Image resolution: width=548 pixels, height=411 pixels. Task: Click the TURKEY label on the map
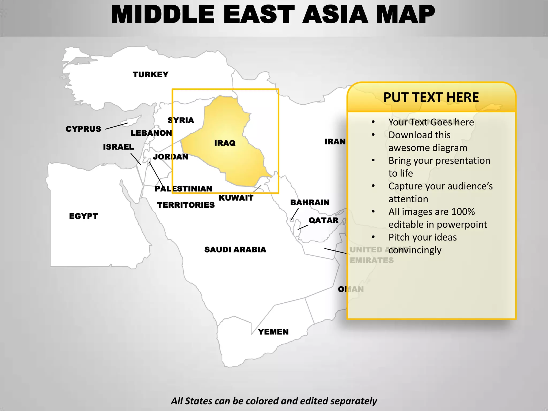[x=150, y=74]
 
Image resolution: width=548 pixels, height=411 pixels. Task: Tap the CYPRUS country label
[x=83, y=129]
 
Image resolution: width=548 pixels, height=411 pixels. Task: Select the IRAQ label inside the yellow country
[x=225, y=143]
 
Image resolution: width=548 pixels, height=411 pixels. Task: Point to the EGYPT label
[x=83, y=216]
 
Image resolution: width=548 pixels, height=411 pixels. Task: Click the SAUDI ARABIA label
[x=235, y=250]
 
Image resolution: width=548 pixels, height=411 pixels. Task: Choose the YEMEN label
[x=273, y=332]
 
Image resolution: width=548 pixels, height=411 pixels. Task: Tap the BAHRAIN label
[x=310, y=202]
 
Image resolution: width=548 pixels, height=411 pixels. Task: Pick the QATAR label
[x=324, y=220]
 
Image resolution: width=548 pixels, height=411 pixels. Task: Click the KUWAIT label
[x=236, y=198]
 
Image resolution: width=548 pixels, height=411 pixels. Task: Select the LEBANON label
[x=151, y=133]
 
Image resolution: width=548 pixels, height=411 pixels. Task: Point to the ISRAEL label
[x=119, y=147]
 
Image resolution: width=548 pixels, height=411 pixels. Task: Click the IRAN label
[x=335, y=142]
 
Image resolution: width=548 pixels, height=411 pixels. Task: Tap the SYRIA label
[x=181, y=120]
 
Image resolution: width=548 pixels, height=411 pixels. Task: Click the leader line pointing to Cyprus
[x=116, y=126]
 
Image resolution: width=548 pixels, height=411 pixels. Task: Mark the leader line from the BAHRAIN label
[x=295, y=214]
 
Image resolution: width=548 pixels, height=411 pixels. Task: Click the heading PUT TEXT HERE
[x=431, y=97]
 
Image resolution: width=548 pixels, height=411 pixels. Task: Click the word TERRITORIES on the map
[x=186, y=205]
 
